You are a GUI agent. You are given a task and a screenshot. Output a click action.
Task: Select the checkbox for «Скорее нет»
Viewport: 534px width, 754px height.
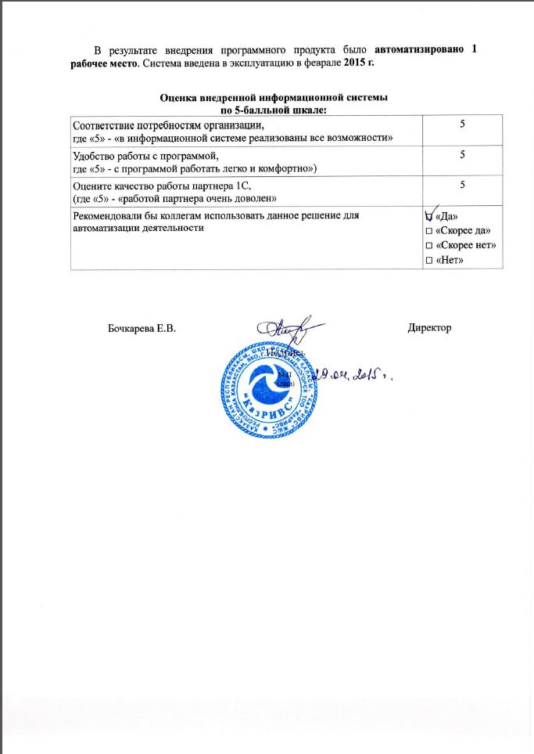[x=427, y=245]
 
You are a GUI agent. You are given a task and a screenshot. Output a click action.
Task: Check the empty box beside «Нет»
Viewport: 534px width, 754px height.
[x=427, y=260]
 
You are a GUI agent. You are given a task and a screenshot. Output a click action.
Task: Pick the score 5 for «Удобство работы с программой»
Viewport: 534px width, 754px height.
[x=462, y=155]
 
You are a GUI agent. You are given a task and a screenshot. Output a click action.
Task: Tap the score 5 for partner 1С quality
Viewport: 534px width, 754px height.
[x=462, y=185]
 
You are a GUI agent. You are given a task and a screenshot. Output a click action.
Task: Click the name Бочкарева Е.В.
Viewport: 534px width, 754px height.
[x=142, y=327]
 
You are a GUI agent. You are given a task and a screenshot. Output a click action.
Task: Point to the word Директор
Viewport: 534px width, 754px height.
[x=430, y=326]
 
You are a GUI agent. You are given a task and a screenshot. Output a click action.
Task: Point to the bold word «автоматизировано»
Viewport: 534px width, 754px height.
[x=423, y=49]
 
